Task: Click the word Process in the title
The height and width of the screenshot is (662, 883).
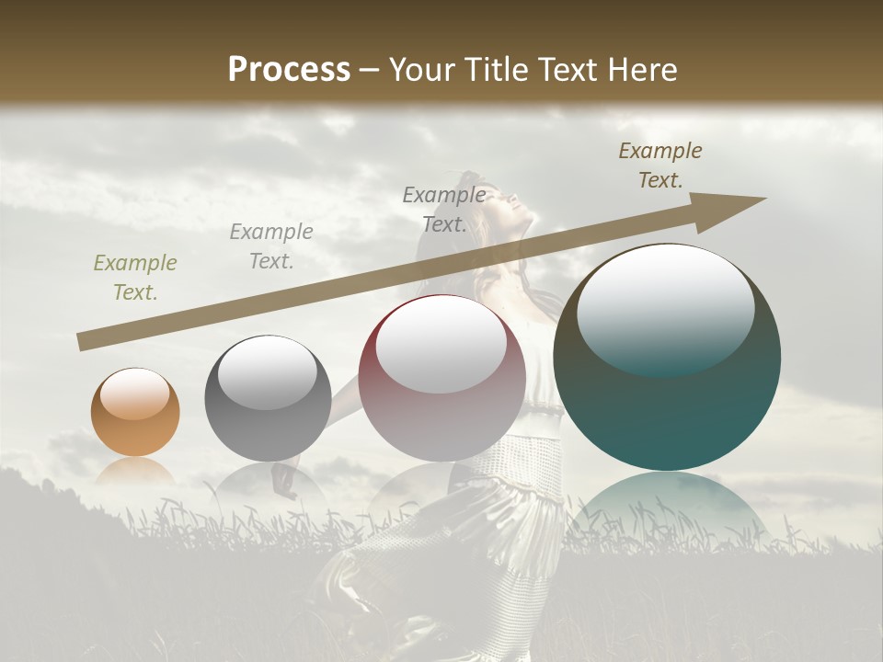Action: [289, 70]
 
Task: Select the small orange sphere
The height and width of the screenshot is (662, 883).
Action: [135, 413]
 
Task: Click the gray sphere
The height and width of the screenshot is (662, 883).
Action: [268, 398]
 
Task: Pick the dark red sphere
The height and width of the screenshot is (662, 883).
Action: [441, 378]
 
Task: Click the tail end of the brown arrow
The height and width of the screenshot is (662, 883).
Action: [80, 343]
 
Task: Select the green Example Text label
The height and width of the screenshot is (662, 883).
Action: [134, 278]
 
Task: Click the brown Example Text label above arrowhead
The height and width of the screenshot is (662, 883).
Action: [659, 165]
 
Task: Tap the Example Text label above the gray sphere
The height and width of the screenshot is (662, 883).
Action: [270, 246]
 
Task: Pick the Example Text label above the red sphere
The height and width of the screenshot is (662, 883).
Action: [443, 210]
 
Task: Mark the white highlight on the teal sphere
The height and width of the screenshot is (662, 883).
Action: [665, 308]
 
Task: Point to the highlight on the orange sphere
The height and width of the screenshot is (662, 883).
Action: [135, 394]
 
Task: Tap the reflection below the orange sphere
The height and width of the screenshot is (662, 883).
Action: [135, 471]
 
